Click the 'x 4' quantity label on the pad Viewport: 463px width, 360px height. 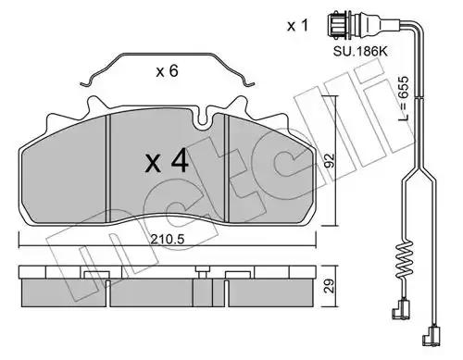(167, 161)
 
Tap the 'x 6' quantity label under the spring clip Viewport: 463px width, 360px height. (167, 71)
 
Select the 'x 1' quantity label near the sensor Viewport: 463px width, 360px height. (297, 25)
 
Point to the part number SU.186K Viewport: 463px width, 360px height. (360, 51)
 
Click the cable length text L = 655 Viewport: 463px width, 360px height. (403, 99)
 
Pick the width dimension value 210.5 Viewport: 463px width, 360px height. (168, 239)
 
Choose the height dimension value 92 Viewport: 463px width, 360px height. (330, 161)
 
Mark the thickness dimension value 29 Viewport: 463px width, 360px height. (330, 286)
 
